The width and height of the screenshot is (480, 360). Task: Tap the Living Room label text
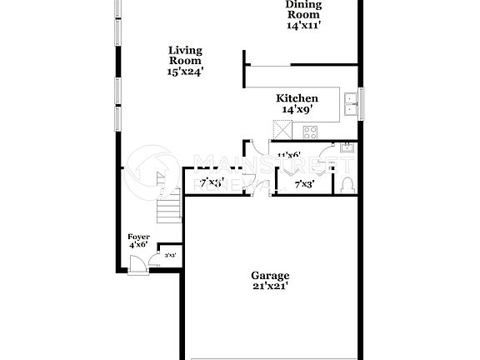click(x=185, y=55)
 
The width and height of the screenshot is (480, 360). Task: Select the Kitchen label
click(x=297, y=98)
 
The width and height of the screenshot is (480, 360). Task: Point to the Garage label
click(x=270, y=276)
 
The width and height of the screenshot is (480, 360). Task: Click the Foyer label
click(x=138, y=237)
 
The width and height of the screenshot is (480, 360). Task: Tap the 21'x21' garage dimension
click(x=270, y=286)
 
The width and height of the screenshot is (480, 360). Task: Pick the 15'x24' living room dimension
click(x=185, y=72)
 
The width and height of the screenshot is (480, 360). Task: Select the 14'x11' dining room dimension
click(x=302, y=25)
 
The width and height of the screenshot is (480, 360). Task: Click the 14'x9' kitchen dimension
click(x=297, y=109)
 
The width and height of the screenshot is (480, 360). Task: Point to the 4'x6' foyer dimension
click(x=138, y=245)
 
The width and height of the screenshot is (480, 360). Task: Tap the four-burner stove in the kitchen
click(x=311, y=131)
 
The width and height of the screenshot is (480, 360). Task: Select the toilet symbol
click(x=347, y=184)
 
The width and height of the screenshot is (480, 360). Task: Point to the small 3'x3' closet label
click(x=170, y=255)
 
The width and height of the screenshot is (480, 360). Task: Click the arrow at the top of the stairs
click(x=157, y=177)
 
